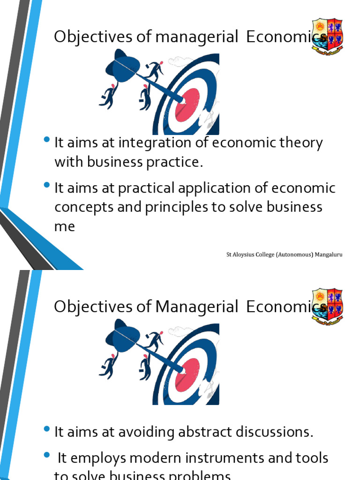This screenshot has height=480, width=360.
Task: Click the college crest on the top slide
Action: click(327, 36)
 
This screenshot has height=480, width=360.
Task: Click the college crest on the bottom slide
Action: click(327, 306)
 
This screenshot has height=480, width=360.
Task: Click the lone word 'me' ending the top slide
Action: click(65, 226)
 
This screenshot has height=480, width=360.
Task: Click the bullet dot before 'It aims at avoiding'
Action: click(46, 430)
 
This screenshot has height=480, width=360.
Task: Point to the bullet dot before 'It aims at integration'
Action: click(46, 140)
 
